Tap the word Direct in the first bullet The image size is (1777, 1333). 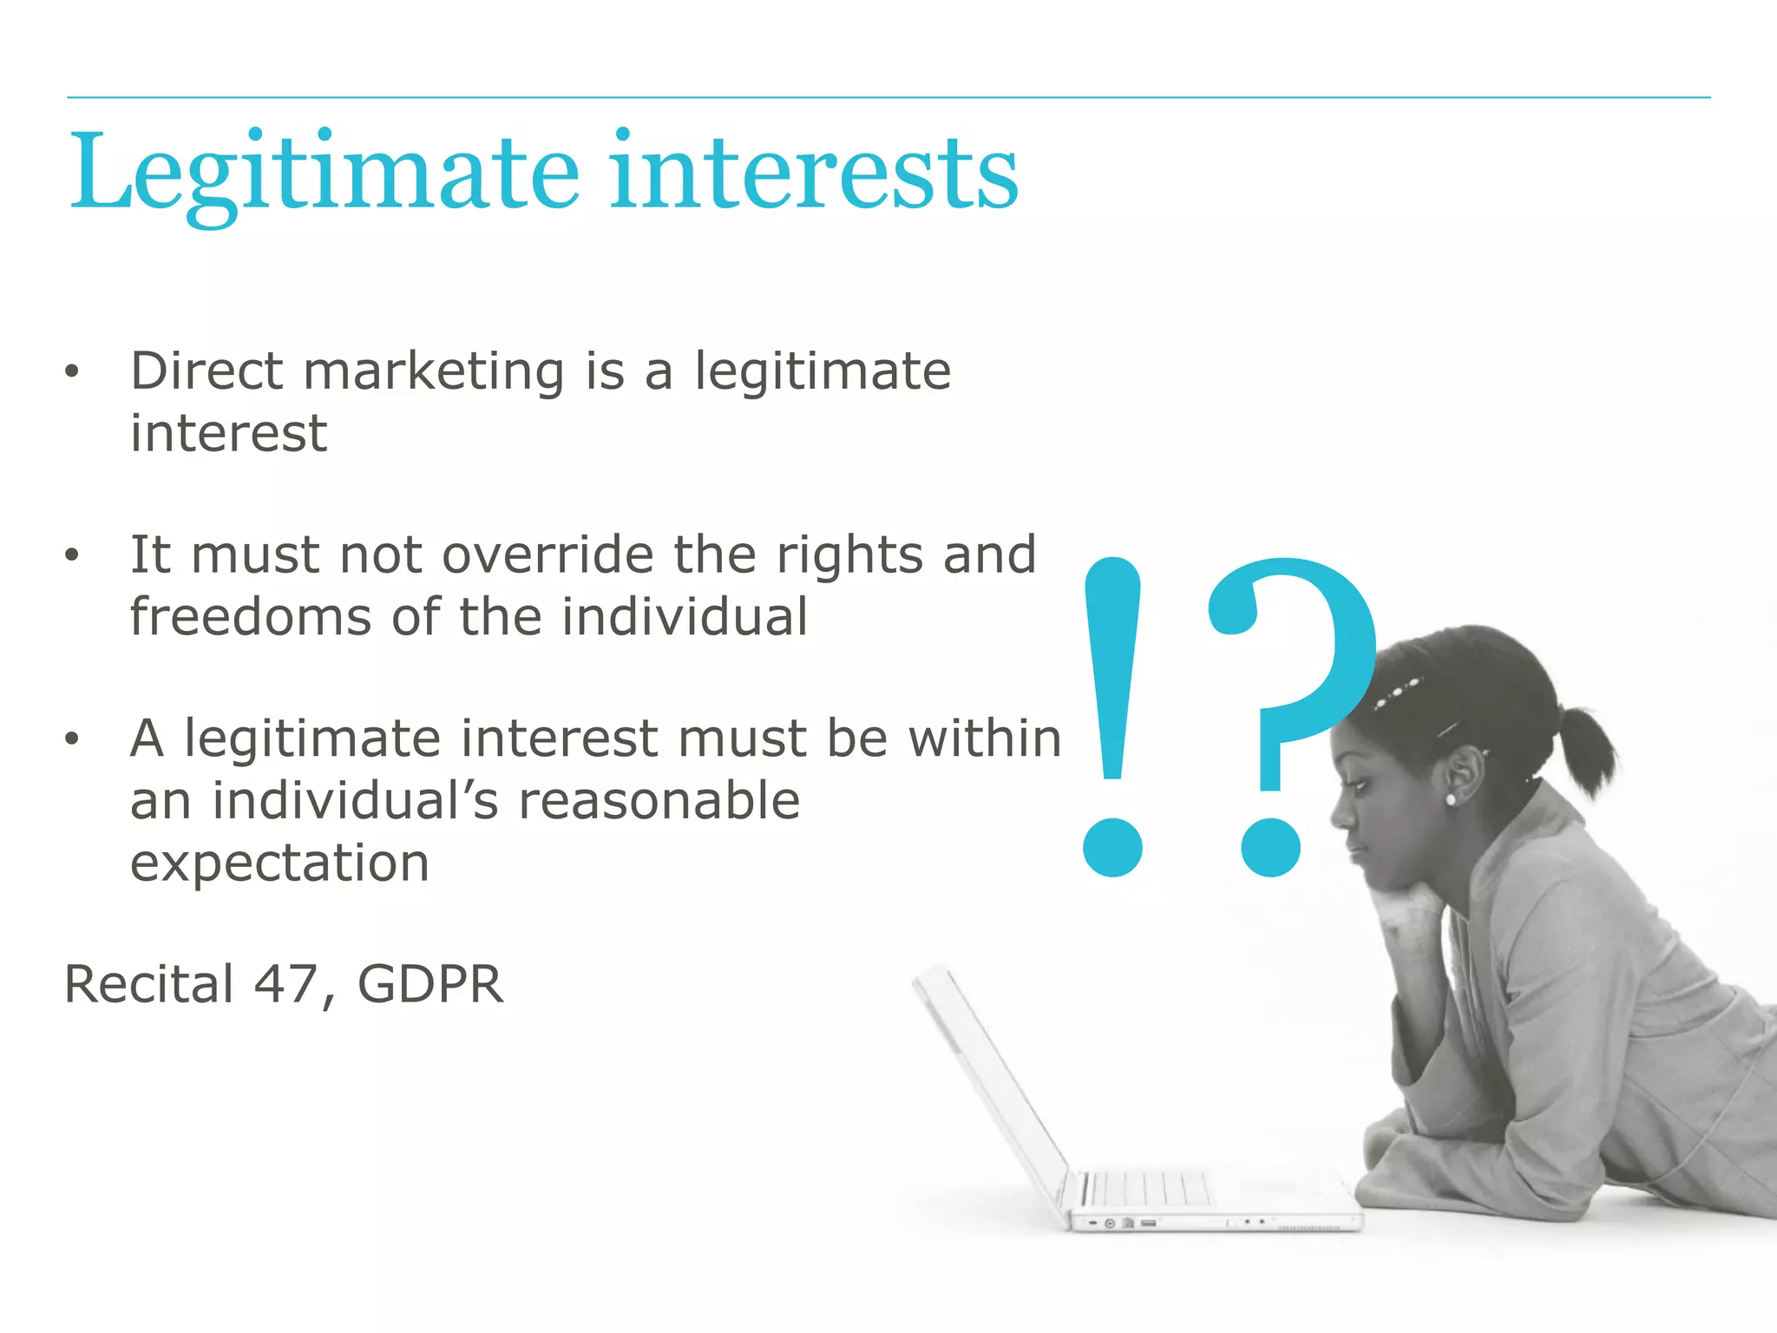207,371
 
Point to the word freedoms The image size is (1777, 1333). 250,617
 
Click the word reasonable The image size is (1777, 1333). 659,800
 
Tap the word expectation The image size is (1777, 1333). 279,863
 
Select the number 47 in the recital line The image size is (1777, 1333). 285,984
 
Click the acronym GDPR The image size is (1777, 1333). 429,984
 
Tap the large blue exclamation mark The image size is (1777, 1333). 1112,712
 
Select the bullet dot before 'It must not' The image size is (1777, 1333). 72,555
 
